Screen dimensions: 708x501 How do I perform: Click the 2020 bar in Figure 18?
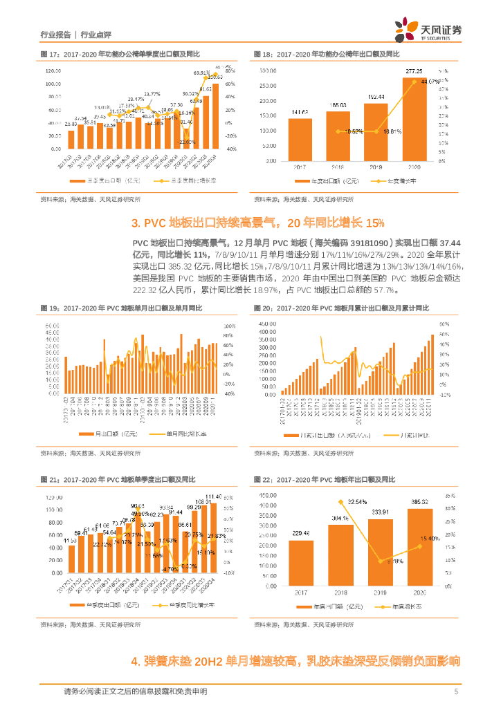tap(414, 118)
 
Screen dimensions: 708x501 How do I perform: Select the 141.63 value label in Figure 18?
tap(300, 112)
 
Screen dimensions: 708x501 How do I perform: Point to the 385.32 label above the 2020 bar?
tap(421, 502)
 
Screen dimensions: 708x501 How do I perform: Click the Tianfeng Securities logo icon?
tap(405, 30)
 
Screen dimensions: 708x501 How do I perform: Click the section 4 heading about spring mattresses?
tap(295, 661)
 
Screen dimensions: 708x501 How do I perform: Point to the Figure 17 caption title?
tap(120, 53)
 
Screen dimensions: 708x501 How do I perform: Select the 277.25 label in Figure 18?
tap(415, 71)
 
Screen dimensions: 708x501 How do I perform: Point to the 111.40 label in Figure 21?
tap(214, 496)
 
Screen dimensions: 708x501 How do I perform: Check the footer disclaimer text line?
tap(135, 691)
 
